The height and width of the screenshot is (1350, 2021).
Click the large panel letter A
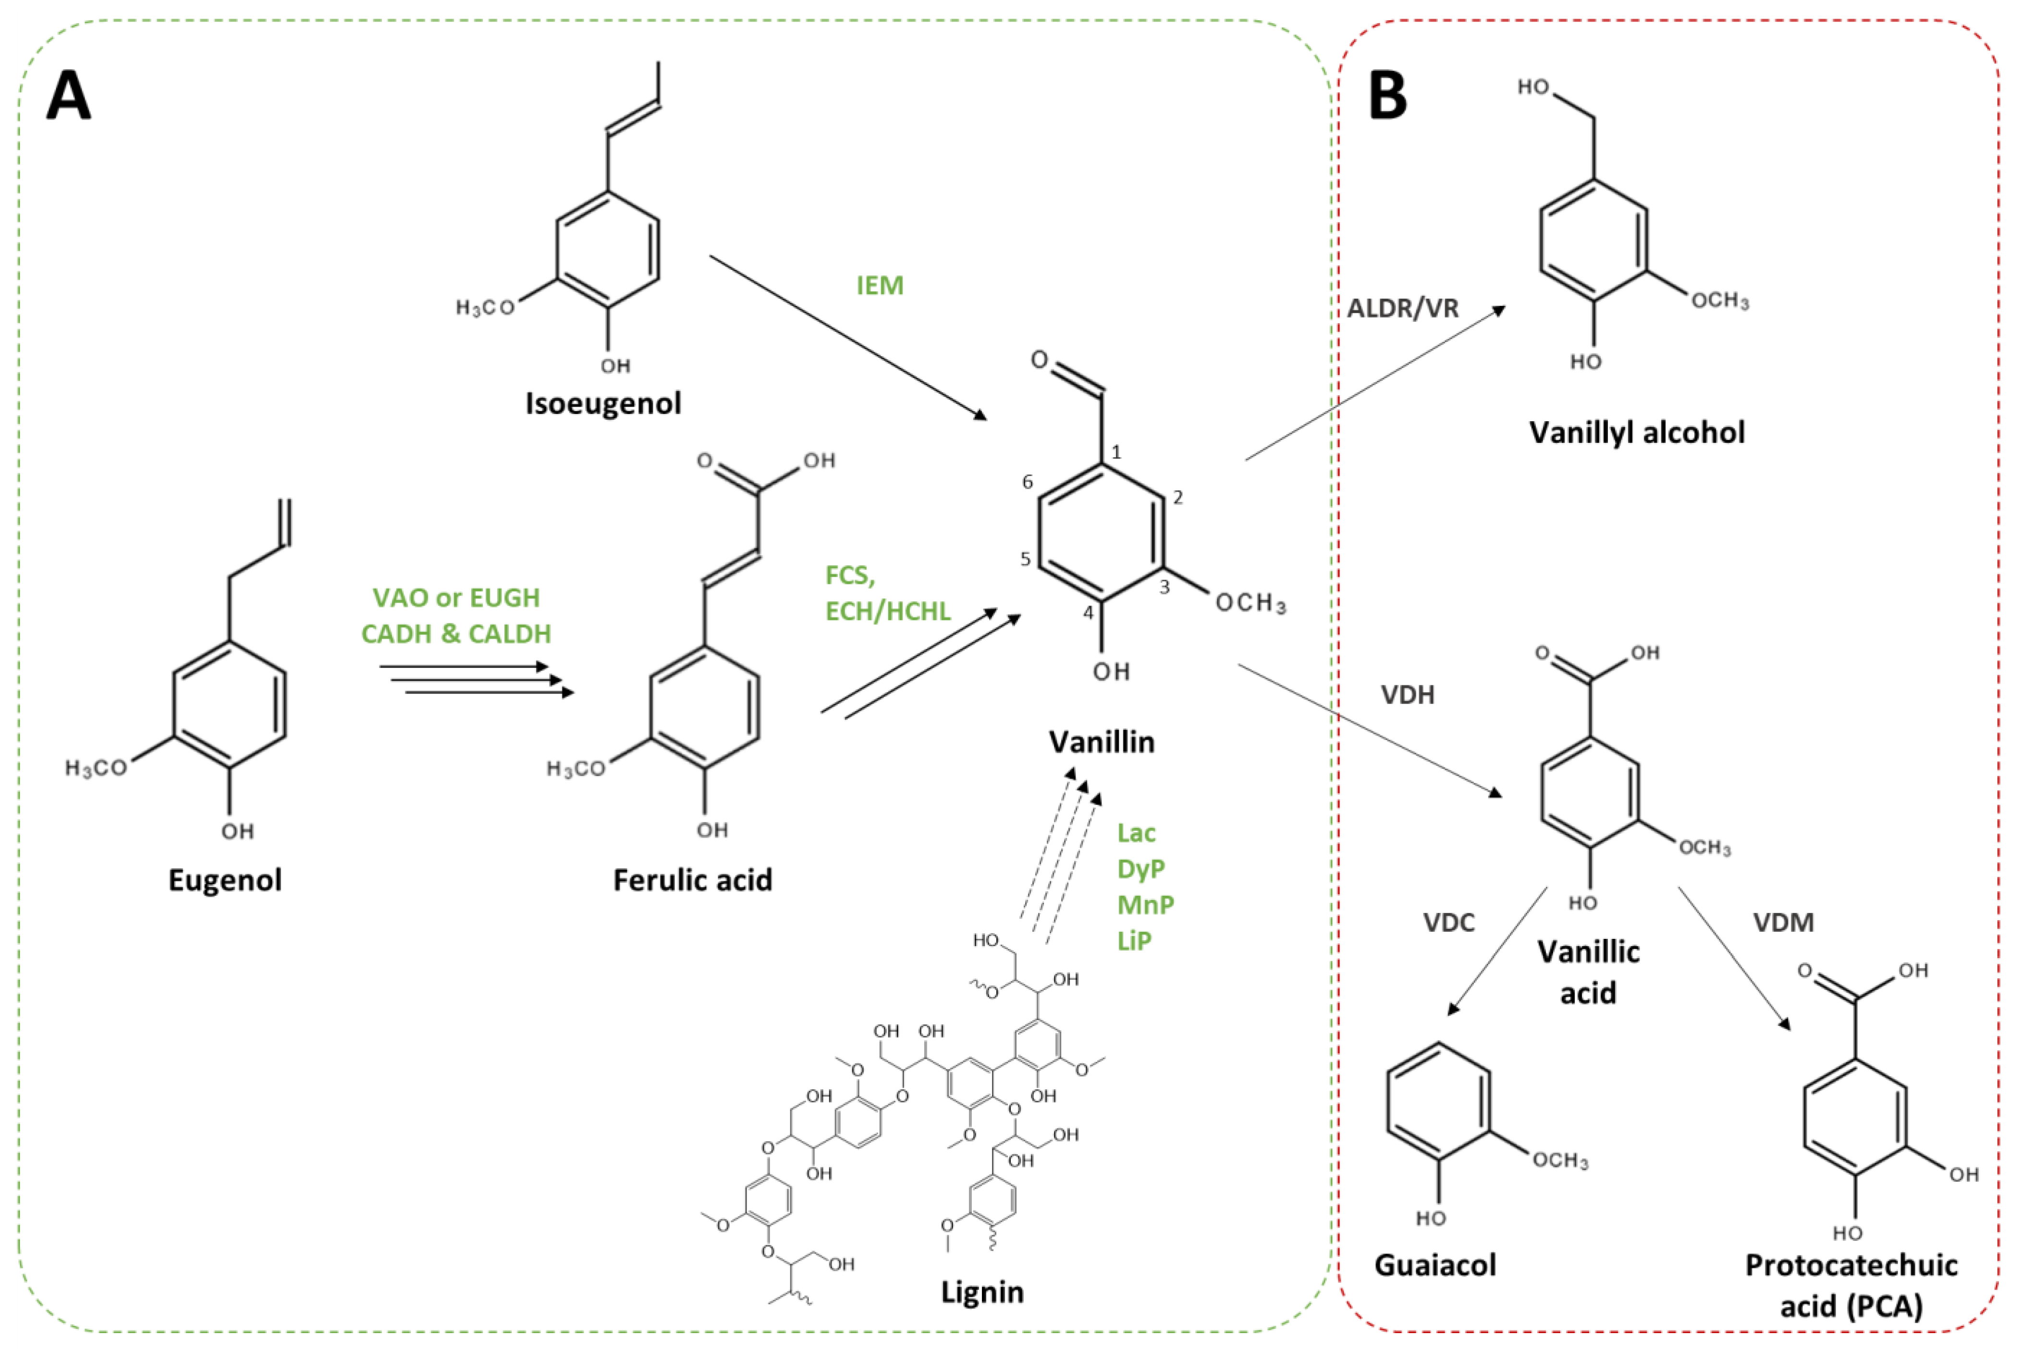click(x=69, y=97)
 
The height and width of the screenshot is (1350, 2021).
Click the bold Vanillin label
click(x=1102, y=742)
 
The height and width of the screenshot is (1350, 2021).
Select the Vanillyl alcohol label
click(x=1636, y=432)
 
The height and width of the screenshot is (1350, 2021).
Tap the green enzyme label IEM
click(x=879, y=285)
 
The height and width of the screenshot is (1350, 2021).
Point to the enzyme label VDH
click(x=1408, y=695)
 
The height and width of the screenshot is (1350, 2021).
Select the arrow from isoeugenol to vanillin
click(x=848, y=338)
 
